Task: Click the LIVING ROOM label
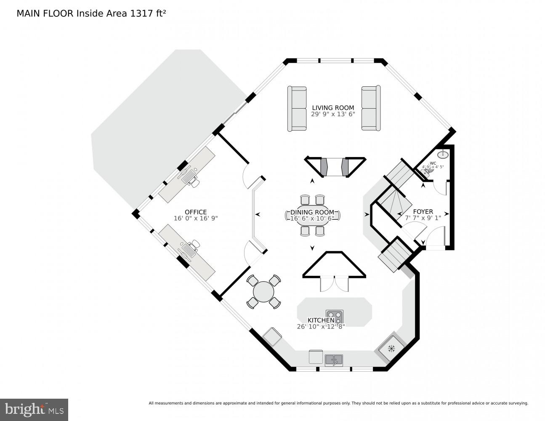(332, 108)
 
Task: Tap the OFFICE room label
(196, 212)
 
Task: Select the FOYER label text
(423, 211)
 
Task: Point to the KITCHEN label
(321, 320)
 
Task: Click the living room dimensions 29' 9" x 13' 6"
(332, 115)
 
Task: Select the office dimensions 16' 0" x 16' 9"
(196, 218)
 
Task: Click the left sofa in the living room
(297, 108)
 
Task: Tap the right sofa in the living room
(371, 108)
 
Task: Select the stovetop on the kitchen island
(335, 316)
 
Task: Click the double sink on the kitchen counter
(333, 360)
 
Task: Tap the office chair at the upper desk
(193, 180)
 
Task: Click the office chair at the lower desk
(194, 244)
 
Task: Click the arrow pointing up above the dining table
(312, 181)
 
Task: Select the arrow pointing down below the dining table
(312, 248)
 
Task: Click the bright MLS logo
(34, 409)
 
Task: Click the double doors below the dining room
(334, 285)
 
